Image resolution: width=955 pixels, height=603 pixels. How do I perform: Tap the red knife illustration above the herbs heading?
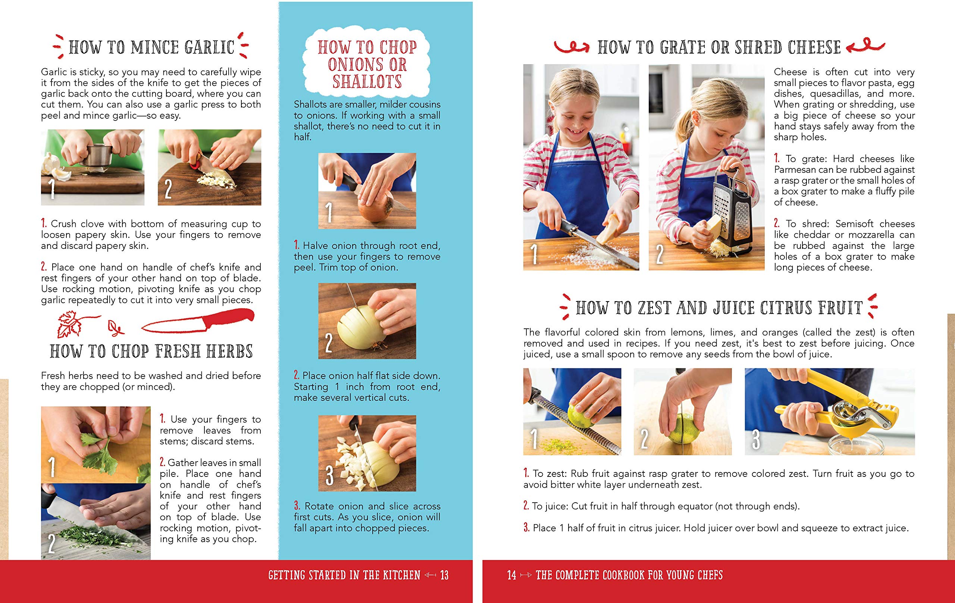click(198, 322)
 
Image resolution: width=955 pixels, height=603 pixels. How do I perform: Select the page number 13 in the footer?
click(444, 575)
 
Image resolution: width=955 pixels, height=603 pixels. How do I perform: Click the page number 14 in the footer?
click(511, 575)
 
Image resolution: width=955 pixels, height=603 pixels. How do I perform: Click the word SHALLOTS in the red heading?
click(367, 82)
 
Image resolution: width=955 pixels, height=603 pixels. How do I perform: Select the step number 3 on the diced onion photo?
click(329, 475)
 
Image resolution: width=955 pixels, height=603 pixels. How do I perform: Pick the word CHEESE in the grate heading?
click(814, 48)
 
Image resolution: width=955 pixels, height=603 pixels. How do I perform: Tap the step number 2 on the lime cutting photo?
click(645, 439)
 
